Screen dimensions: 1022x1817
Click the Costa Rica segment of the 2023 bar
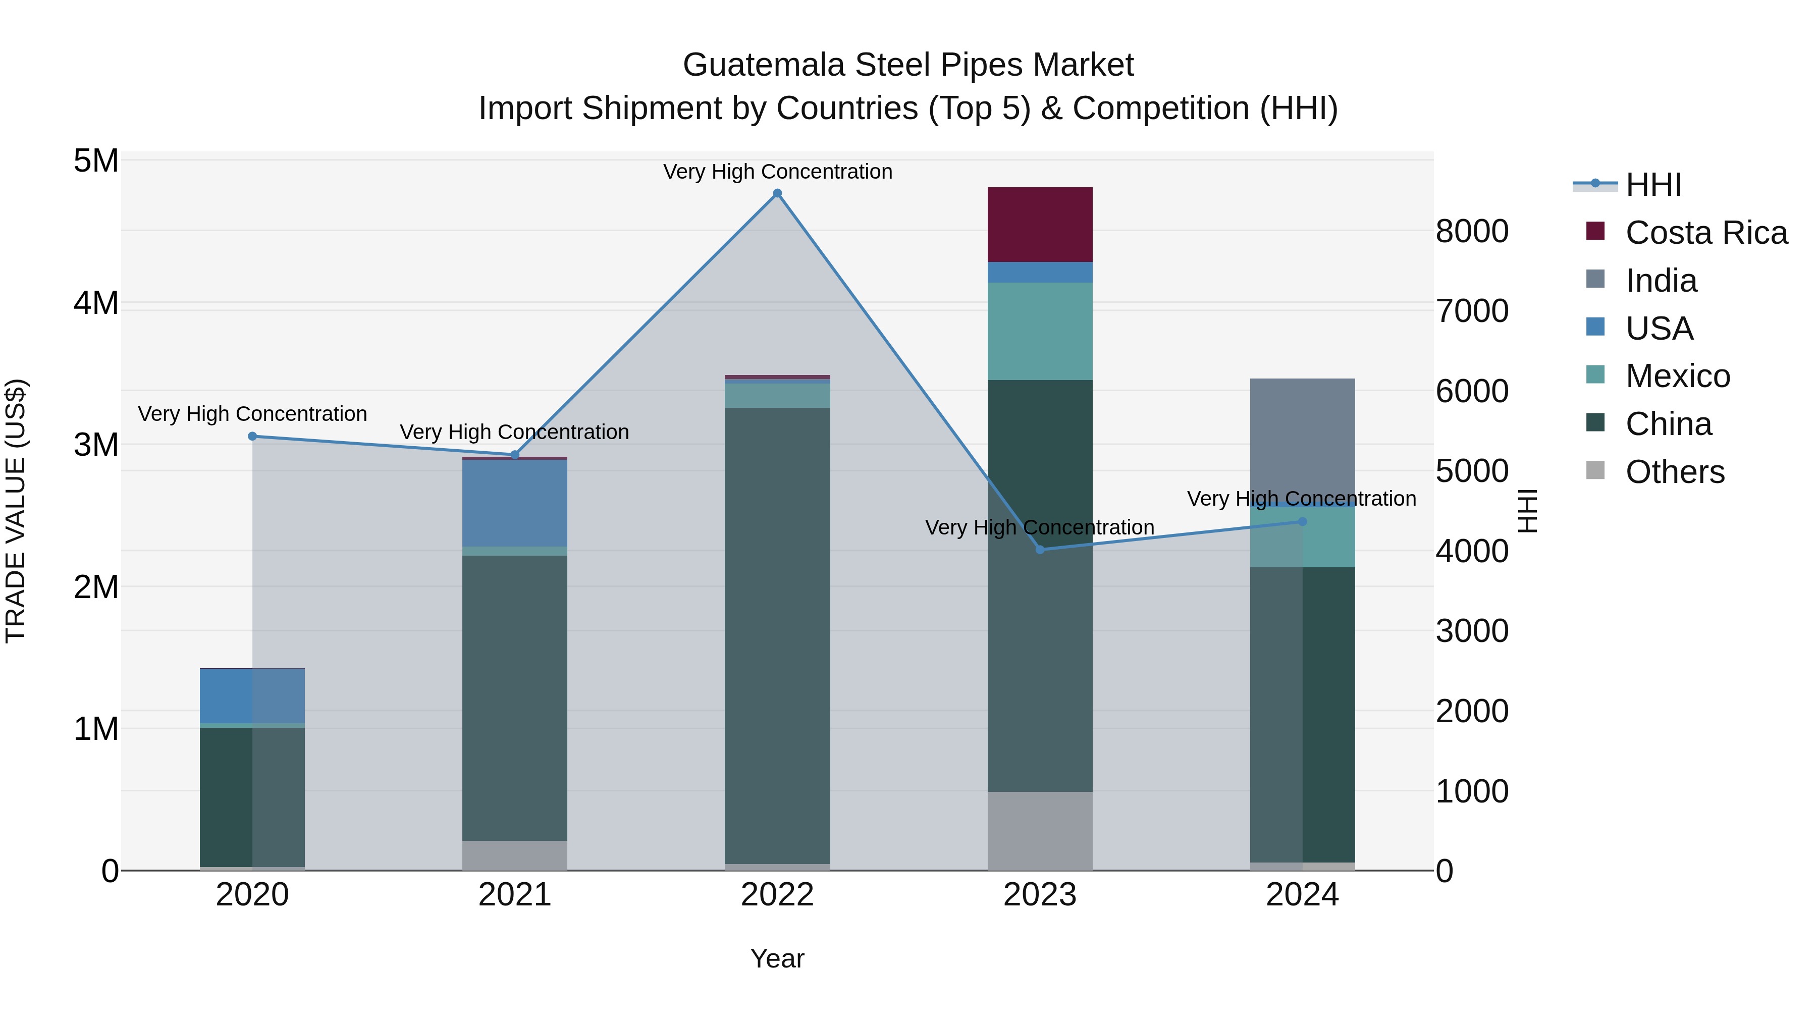click(1040, 224)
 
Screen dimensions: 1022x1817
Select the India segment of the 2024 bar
click(1302, 437)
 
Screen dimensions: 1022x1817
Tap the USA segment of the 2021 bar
click(514, 502)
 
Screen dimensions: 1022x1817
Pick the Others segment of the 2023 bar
click(1040, 830)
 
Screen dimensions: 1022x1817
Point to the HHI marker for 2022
click(777, 193)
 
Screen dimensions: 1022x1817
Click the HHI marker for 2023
click(1040, 550)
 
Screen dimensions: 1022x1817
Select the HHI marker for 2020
click(252, 437)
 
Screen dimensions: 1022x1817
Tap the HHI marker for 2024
click(1302, 522)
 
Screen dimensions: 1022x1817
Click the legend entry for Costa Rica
click(1705, 233)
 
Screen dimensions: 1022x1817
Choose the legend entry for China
click(1668, 424)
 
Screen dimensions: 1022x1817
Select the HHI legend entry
click(1652, 185)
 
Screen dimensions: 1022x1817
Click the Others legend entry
click(1675, 472)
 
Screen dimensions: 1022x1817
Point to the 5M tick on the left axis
click(96, 161)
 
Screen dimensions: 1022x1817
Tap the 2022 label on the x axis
click(777, 895)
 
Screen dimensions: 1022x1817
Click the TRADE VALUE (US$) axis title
click(16, 511)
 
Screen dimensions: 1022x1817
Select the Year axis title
click(777, 958)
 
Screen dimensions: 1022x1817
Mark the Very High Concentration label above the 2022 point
click(777, 172)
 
